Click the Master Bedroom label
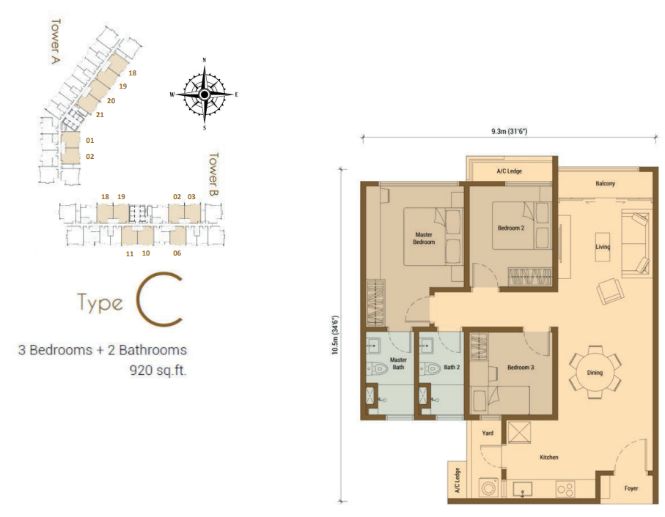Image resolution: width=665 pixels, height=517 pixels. click(424, 238)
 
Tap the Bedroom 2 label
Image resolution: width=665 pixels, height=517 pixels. click(510, 228)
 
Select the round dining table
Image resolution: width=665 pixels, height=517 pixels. click(595, 372)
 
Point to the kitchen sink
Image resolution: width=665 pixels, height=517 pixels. click(523, 489)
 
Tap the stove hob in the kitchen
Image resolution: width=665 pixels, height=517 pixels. click(565, 489)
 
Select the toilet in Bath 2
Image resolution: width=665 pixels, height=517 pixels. click(430, 369)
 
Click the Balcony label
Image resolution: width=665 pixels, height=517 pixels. click(605, 183)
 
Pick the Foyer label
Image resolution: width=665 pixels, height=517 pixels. click(631, 488)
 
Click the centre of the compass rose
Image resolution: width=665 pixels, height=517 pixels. click(205, 94)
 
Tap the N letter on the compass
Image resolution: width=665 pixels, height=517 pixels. click(205, 60)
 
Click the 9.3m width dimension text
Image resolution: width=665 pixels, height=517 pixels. click(509, 131)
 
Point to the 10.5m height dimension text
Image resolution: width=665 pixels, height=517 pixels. click(336, 335)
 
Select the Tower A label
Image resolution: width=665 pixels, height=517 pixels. click(55, 41)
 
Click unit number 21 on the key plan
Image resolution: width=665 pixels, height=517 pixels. click(100, 114)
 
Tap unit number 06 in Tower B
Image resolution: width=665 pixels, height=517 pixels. click(177, 253)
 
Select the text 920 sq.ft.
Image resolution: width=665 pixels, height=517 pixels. click(158, 371)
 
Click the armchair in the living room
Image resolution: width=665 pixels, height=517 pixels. click(610, 291)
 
